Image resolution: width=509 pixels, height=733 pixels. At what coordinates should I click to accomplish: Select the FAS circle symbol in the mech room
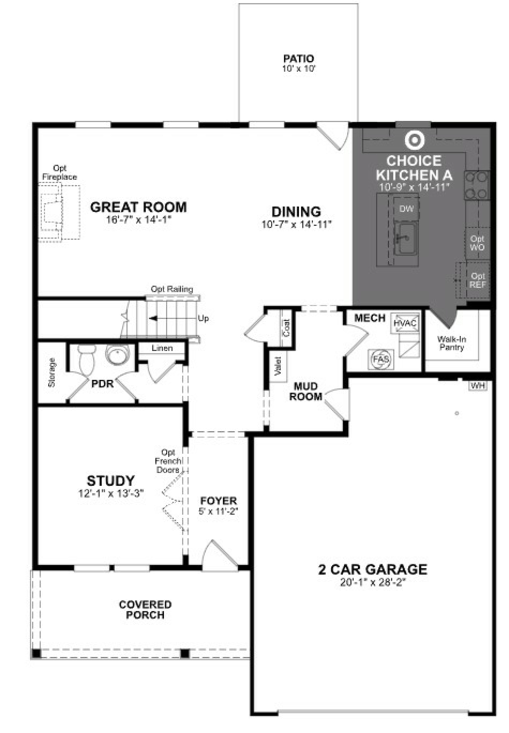click(381, 359)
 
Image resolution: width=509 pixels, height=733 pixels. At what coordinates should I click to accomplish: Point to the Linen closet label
click(162, 348)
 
